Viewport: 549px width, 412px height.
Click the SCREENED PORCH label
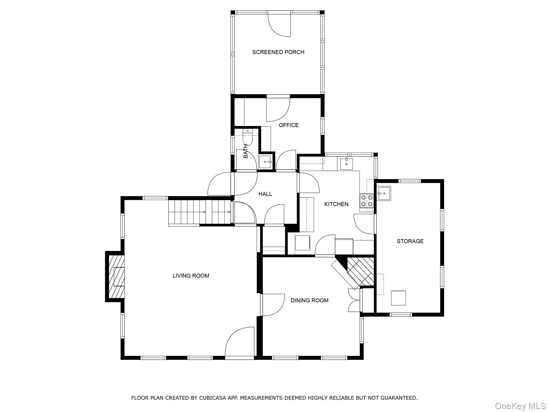click(278, 52)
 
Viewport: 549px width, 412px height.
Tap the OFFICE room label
click(288, 125)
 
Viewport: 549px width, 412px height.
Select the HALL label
click(265, 194)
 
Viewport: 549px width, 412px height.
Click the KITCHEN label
click(336, 204)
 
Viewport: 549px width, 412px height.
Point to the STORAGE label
click(410, 241)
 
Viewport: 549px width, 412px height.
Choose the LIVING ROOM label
click(191, 275)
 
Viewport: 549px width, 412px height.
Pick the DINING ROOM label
click(309, 300)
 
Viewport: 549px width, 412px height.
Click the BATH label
click(246, 151)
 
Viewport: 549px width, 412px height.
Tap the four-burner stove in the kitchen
click(367, 201)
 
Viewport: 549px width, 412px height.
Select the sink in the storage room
click(384, 193)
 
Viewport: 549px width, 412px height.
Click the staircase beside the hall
click(200, 212)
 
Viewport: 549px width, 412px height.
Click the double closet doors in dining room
click(354, 300)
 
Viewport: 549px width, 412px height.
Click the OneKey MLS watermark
click(520, 406)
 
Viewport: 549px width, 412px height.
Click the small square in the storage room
click(398, 298)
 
